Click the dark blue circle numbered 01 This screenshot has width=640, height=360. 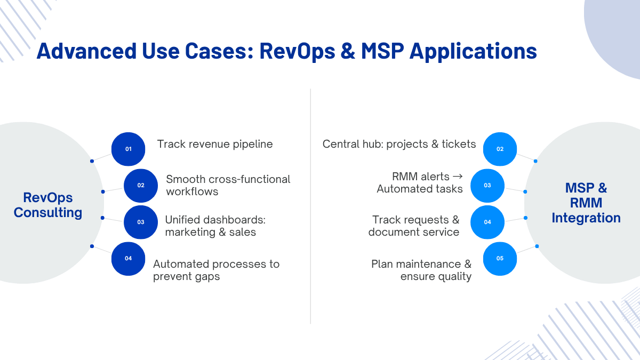[129, 149]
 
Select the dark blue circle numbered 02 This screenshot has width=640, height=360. [141, 186]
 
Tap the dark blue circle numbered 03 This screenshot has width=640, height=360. [141, 222]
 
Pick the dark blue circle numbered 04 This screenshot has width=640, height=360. [129, 259]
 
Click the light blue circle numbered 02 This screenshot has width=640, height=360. [500, 149]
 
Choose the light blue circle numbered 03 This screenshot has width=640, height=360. [487, 186]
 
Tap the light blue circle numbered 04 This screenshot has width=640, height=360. [487, 222]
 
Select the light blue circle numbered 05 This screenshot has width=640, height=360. [500, 259]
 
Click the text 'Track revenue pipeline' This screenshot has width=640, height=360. [215, 145]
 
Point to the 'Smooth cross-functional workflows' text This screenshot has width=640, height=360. [228, 185]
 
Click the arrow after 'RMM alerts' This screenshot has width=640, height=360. [458, 177]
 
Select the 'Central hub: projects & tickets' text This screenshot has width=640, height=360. [399, 145]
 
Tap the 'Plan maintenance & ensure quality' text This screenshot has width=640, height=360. [421, 270]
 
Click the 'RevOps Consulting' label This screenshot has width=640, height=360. [48, 205]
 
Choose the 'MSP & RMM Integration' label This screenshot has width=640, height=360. [586, 203]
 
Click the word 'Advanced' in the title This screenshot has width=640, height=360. [86, 51]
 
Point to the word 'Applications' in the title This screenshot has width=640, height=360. [473, 52]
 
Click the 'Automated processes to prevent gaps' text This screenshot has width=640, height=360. [217, 270]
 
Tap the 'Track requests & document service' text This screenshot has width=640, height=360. [414, 226]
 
